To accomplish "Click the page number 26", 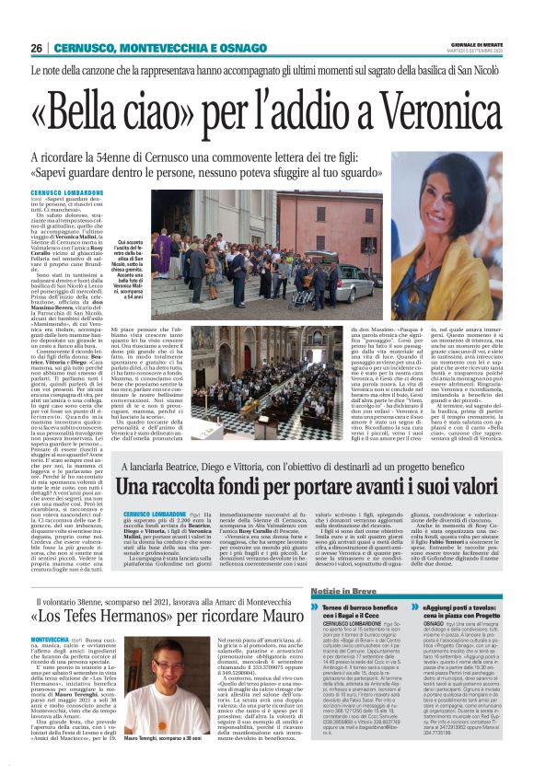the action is tap(36, 48).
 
